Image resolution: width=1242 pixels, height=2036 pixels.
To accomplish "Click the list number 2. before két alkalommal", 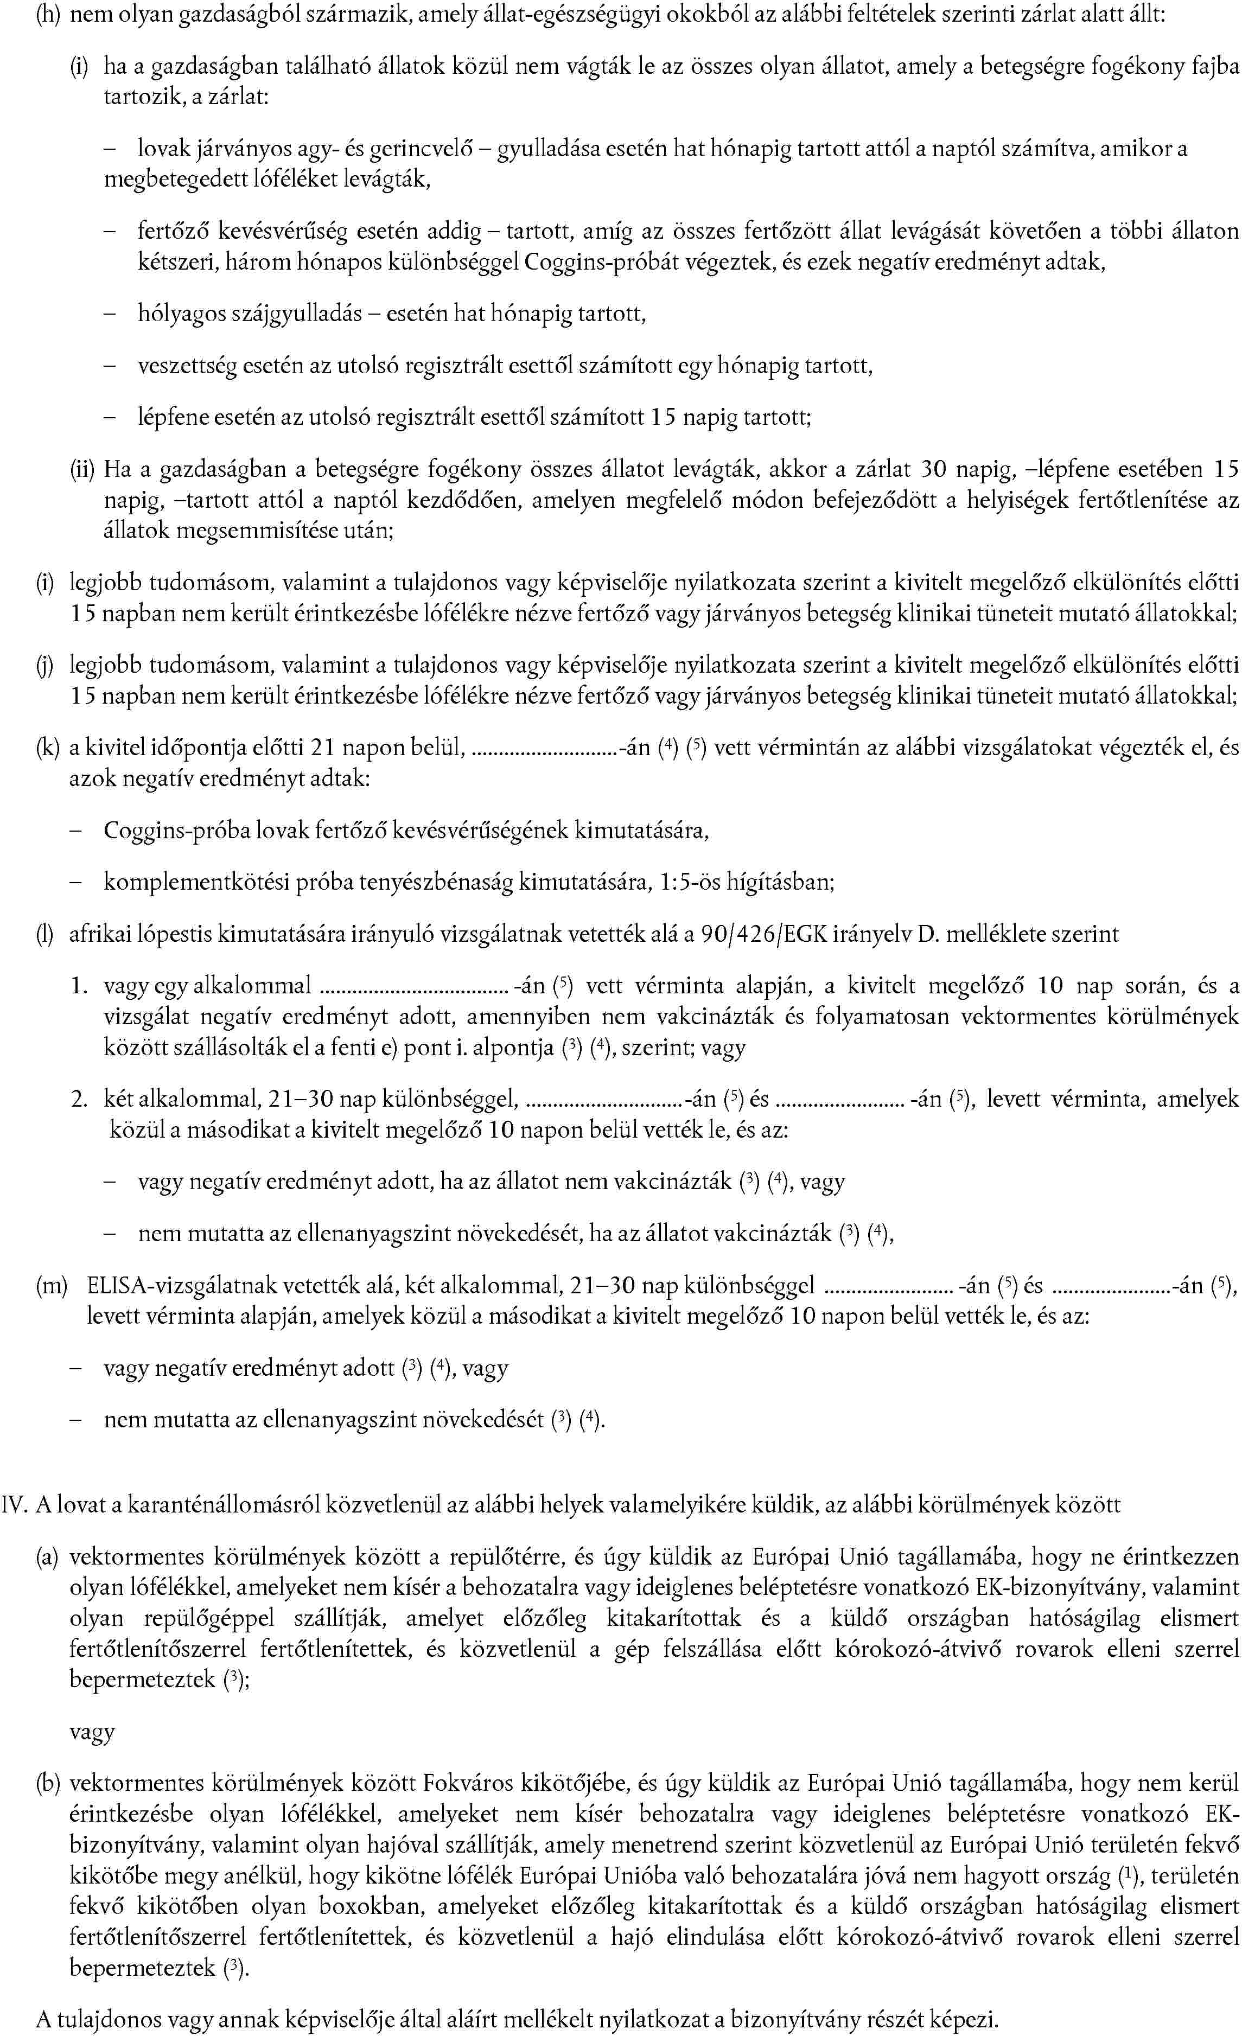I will pos(79,1100).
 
